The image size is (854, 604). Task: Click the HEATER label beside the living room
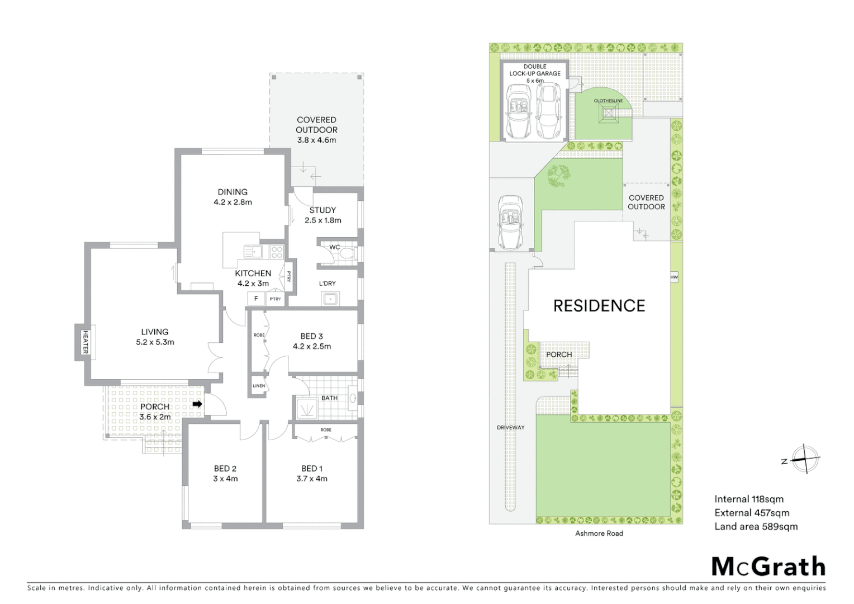point(86,342)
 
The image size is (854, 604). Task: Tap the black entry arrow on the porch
point(197,404)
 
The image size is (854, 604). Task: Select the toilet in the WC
point(347,254)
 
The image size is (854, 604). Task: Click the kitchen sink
point(253,252)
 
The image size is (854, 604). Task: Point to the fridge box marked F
point(256,299)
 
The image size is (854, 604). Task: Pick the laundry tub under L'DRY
point(330,299)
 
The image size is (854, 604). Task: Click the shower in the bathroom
point(306,408)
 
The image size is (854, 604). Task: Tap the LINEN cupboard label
point(259,386)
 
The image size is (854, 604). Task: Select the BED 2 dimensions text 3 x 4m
point(225,479)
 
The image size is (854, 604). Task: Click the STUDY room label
point(322,210)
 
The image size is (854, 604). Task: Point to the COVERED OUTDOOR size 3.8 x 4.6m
point(316,140)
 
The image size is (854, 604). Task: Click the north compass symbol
point(804,460)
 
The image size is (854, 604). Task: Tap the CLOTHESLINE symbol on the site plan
point(609,116)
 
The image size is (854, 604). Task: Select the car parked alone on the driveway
point(509,223)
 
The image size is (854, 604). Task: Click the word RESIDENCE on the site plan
point(599,306)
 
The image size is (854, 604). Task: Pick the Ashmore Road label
point(599,534)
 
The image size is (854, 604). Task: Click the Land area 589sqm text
point(756,526)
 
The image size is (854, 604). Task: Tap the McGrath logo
point(768,567)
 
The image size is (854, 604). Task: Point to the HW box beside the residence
point(674,277)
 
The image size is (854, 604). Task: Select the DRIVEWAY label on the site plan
point(511,428)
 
